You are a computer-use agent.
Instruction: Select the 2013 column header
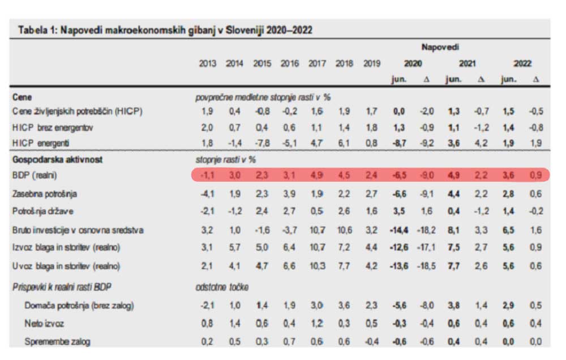208,63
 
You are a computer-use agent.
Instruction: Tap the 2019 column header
371,63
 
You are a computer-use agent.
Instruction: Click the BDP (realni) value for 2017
316,175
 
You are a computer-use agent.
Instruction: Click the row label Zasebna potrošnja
45,194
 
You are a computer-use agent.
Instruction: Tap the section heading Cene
22,97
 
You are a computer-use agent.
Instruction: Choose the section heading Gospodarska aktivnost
57,160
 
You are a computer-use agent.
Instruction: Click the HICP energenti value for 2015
262,144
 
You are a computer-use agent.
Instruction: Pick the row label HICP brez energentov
53,128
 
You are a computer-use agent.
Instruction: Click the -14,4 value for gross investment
400,230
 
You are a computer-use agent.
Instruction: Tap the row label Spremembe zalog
57,341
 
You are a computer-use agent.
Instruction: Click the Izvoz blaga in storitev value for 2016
289,247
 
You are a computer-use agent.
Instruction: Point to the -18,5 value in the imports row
427,265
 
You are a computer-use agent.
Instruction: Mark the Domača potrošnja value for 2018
344,306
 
